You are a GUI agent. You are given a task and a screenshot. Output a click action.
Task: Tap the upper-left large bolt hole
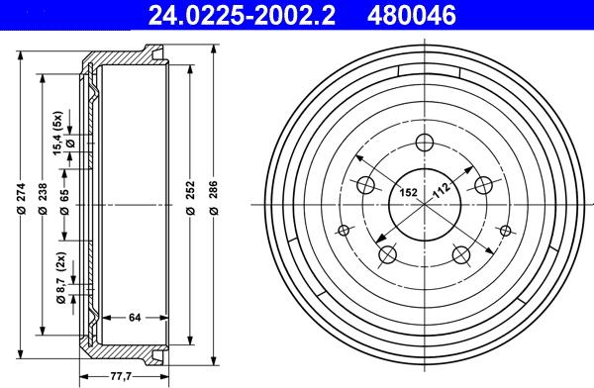(364, 184)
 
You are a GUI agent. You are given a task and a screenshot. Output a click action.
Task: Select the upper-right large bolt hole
(485, 184)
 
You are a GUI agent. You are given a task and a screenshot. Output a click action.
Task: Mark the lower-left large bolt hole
(387, 256)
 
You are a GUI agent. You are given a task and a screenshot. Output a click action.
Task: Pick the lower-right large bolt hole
(462, 256)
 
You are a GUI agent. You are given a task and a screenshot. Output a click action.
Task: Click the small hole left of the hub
(345, 231)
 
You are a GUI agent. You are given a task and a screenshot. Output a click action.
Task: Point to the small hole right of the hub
(505, 231)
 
